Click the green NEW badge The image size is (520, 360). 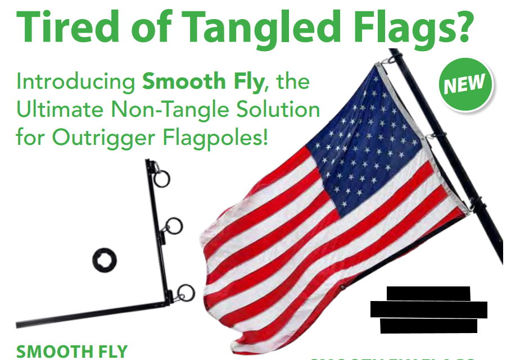tap(465, 85)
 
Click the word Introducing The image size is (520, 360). tap(75, 82)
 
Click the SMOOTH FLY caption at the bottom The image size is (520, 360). tap(72, 352)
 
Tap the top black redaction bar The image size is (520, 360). tap(428, 293)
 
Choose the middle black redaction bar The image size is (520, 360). tap(428, 309)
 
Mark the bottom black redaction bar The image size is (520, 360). tap(428, 326)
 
